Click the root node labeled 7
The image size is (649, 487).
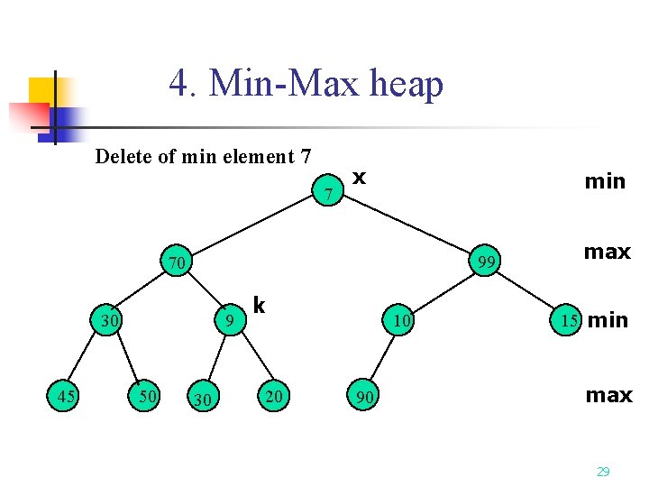pyautogui.click(x=330, y=192)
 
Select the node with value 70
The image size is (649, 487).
pyautogui.click(x=176, y=263)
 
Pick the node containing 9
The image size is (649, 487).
pyautogui.click(x=231, y=319)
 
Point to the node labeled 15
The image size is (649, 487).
pyautogui.click(x=567, y=319)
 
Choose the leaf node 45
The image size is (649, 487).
pyautogui.click(x=63, y=395)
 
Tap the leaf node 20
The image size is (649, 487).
pyautogui.click(x=272, y=395)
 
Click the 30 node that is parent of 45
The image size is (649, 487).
pyautogui.click(x=110, y=319)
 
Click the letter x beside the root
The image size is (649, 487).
pyautogui.click(x=359, y=177)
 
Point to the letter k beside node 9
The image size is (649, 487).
pyautogui.click(x=259, y=306)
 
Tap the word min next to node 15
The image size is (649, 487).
pyautogui.click(x=608, y=320)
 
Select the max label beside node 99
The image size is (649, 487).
pyautogui.click(x=607, y=252)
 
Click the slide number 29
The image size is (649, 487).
pyautogui.click(x=603, y=471)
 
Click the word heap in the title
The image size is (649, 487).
pyautogui.click(x=407, y=85)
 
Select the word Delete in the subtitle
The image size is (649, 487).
pyautogui.click(x=123, y=157)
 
